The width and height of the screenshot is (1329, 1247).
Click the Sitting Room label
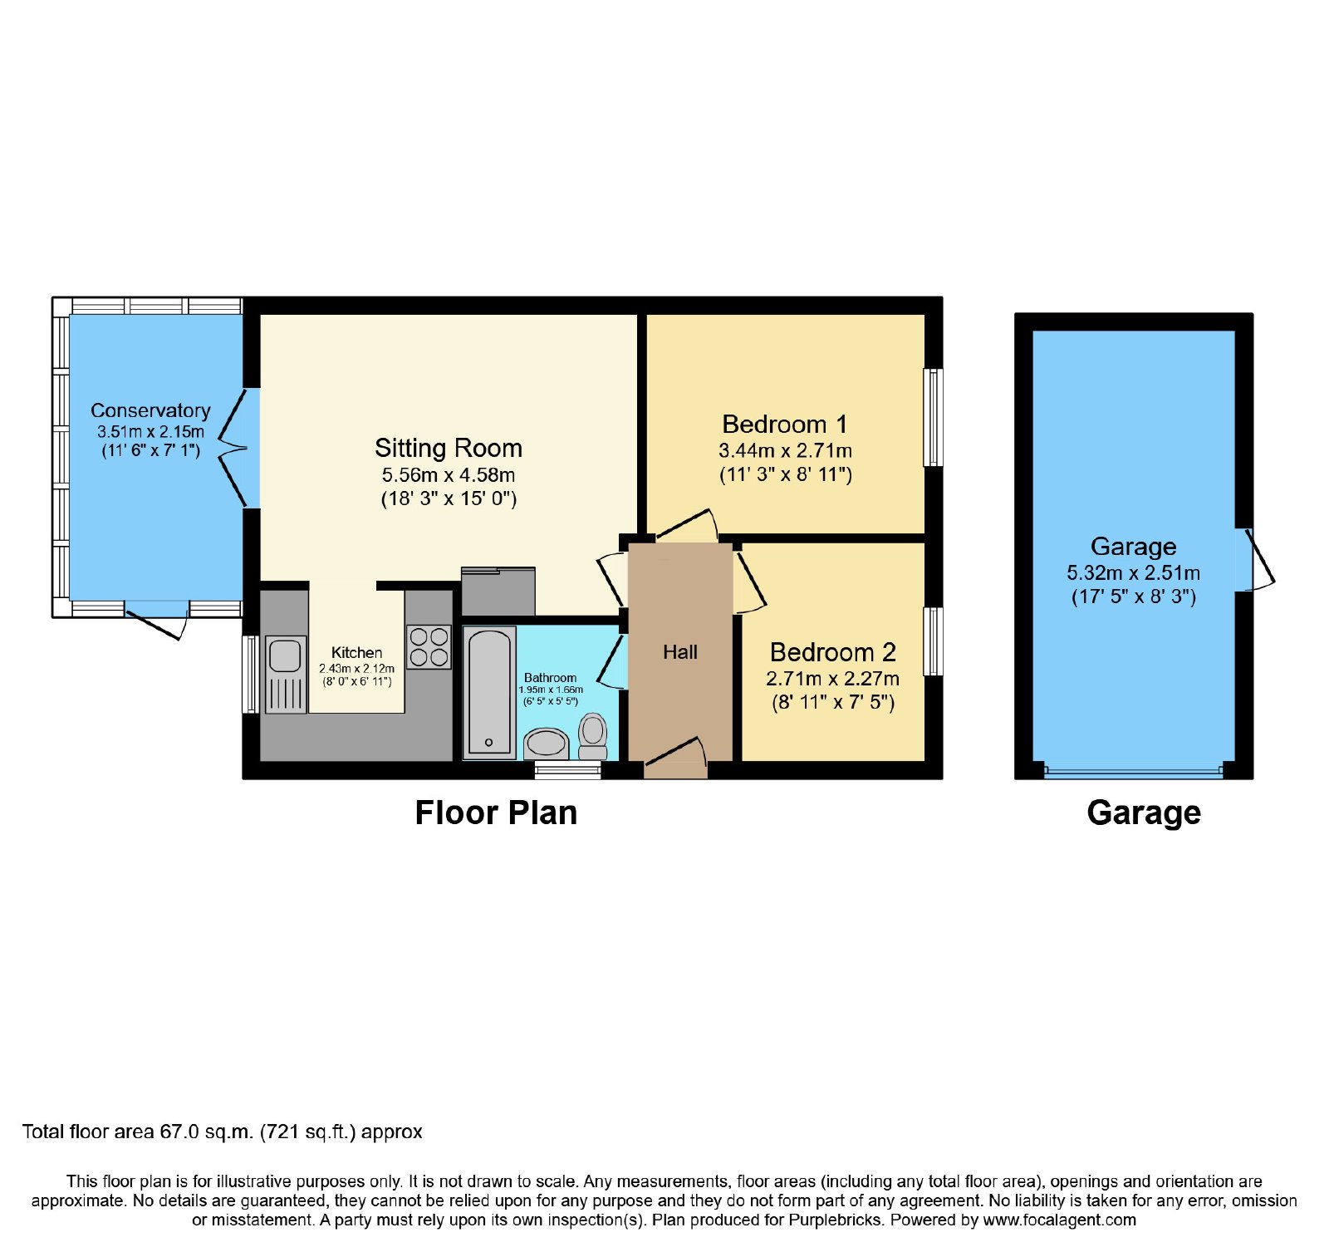(449, 448)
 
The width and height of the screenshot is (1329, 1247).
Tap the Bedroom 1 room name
(785, 425)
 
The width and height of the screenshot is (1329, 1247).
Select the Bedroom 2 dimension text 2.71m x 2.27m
(832, 679)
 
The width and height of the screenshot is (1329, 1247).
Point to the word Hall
(680, 652)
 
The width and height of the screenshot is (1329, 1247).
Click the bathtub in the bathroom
(489, 694)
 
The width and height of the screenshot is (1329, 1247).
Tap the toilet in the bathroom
(593, 736)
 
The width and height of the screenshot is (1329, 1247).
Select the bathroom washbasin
(547, 744)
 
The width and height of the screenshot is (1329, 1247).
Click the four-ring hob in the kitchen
(429, 647)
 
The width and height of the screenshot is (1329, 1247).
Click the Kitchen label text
(357, 653)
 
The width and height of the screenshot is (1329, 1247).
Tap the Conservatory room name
(150, 410)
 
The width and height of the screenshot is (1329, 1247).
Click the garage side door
(1254, 559)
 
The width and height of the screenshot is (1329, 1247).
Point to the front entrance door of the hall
(675, 755)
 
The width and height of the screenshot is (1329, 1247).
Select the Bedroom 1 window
(934, 418)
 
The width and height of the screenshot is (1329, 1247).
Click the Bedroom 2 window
(934, 641)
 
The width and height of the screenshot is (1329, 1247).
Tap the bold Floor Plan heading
(496, 813)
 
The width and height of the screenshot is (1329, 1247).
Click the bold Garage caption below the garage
(1144, 813)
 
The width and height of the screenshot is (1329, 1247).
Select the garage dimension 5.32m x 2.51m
(1133, 573)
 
